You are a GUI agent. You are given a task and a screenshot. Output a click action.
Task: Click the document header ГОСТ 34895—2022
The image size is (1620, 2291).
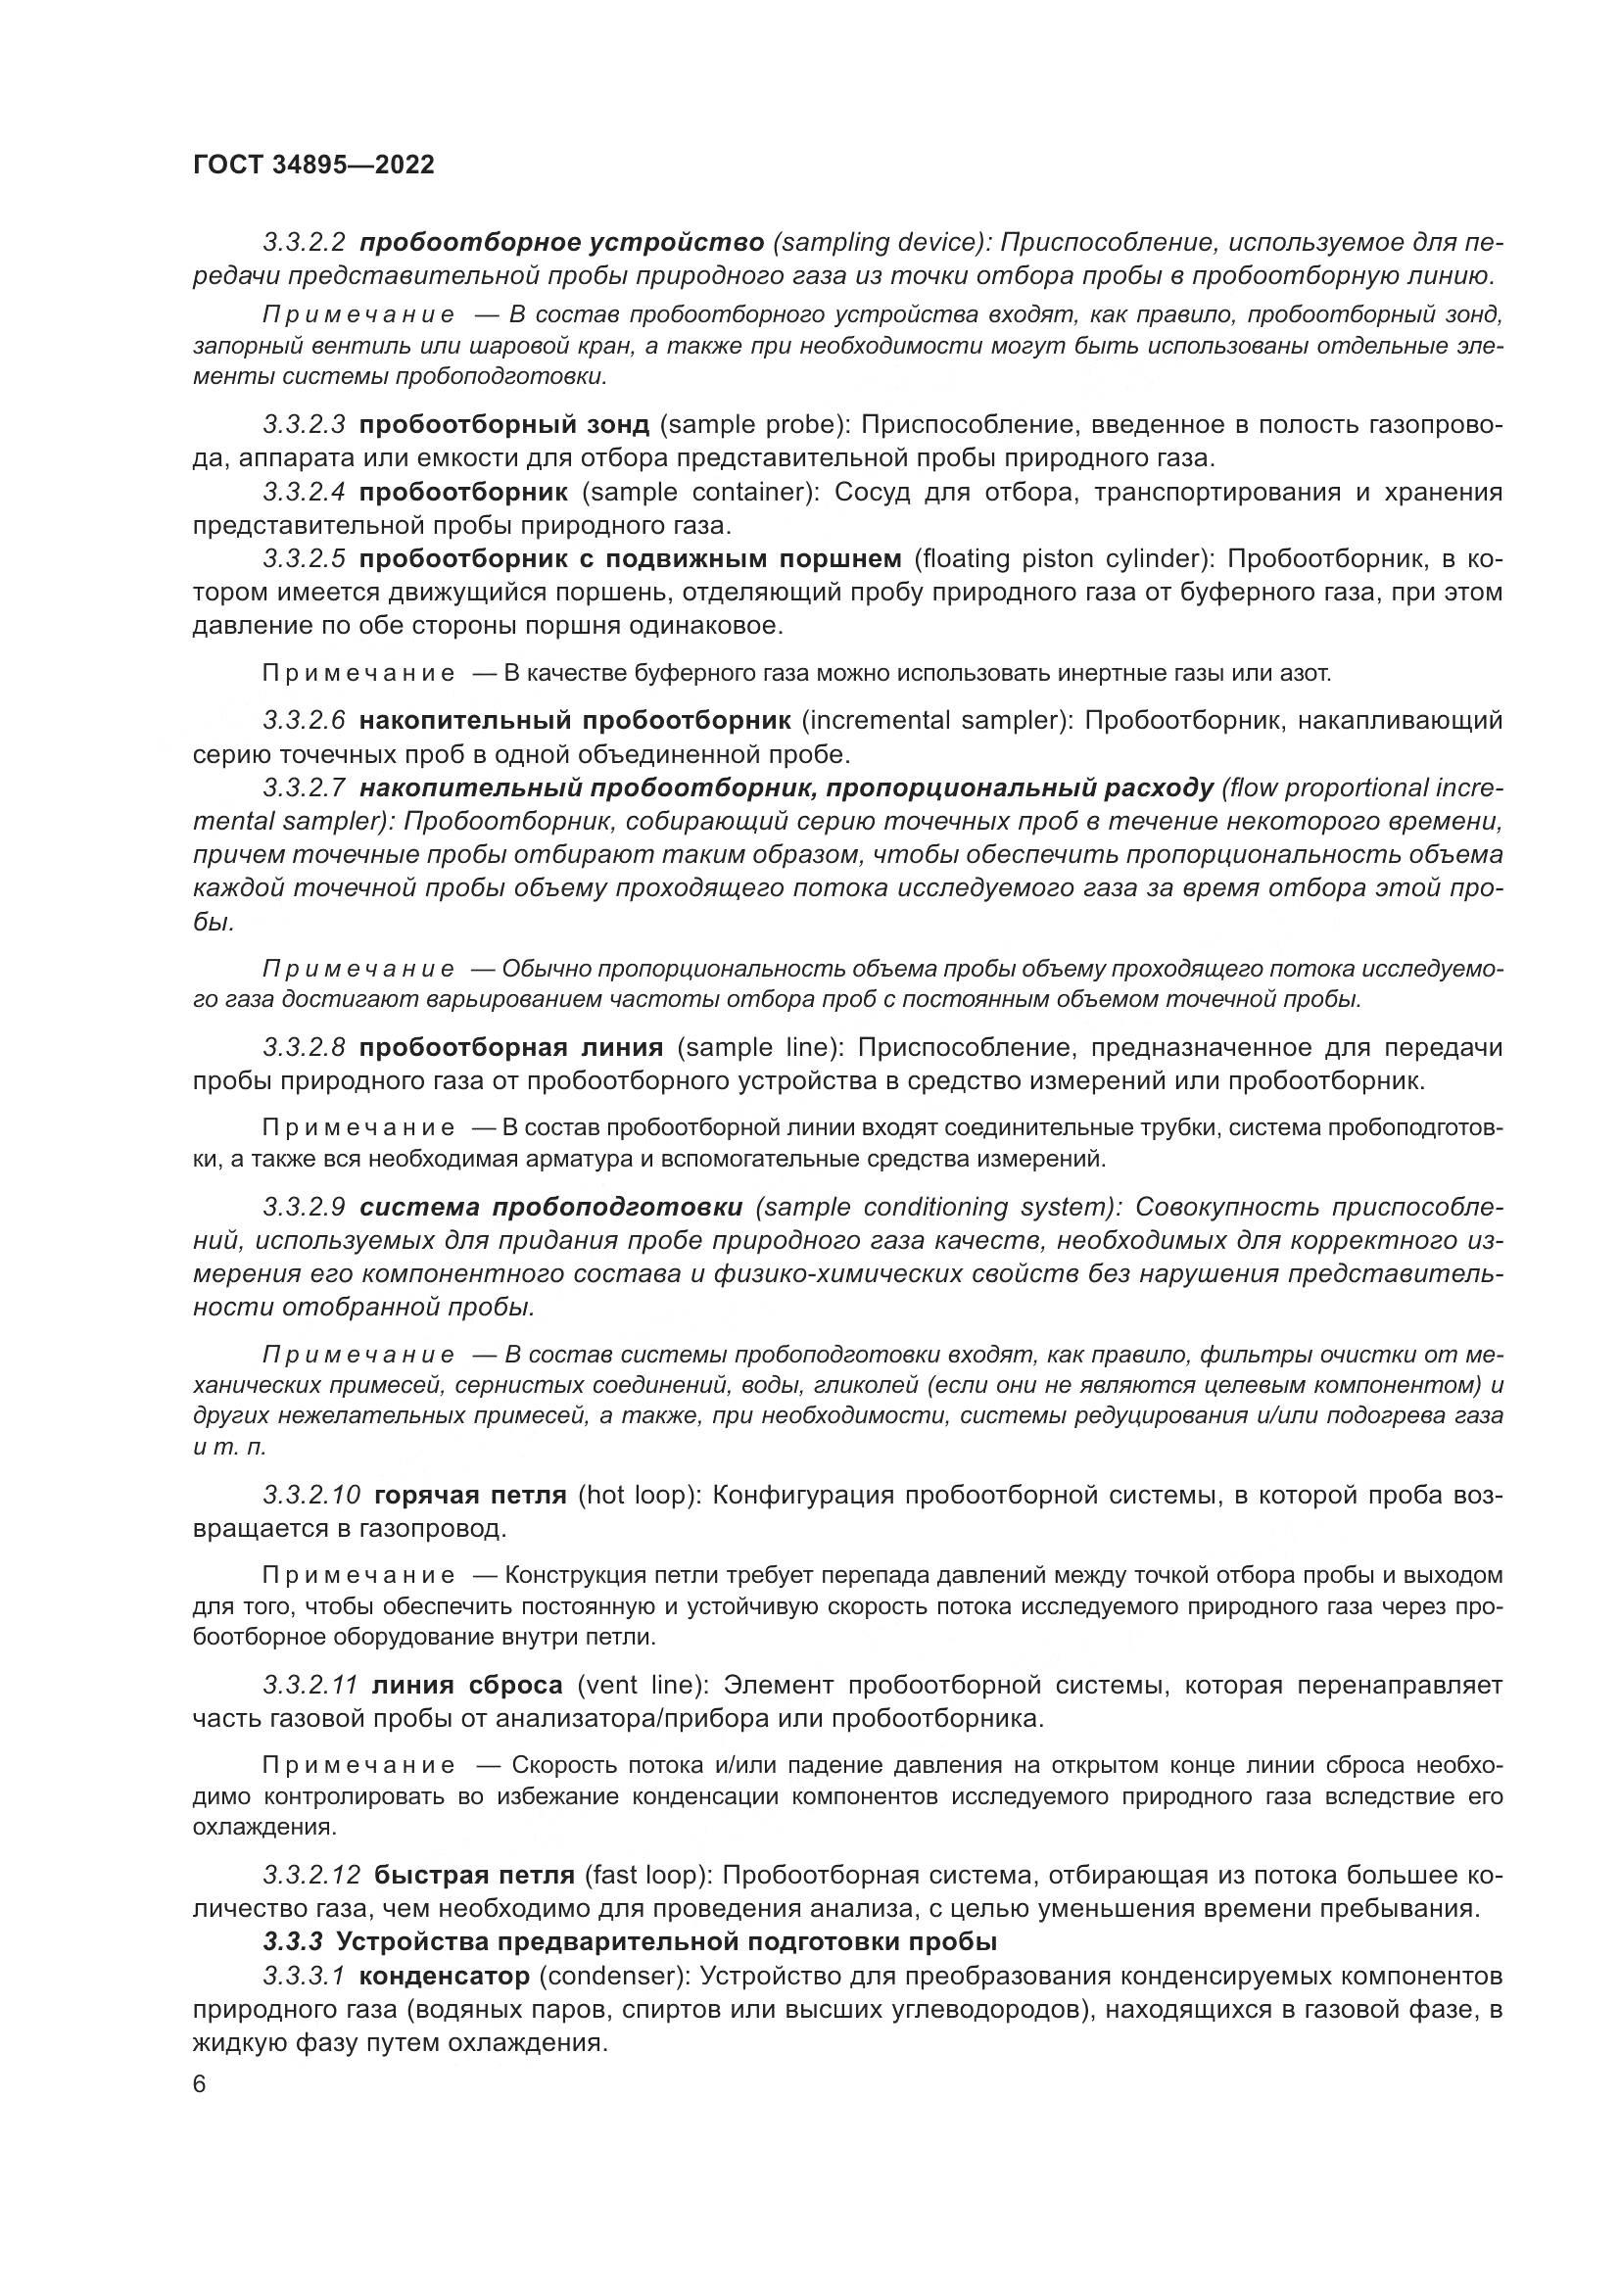313,165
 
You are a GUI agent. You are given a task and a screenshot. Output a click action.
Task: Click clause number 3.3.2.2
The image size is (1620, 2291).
305,243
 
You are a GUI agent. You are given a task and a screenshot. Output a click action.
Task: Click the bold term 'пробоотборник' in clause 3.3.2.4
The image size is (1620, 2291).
463,492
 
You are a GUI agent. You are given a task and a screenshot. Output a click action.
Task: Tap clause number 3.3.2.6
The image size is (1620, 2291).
305,721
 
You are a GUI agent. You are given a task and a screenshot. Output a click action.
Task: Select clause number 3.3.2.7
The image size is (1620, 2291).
305,788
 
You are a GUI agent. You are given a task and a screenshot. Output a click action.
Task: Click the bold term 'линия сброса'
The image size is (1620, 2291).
467,1686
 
